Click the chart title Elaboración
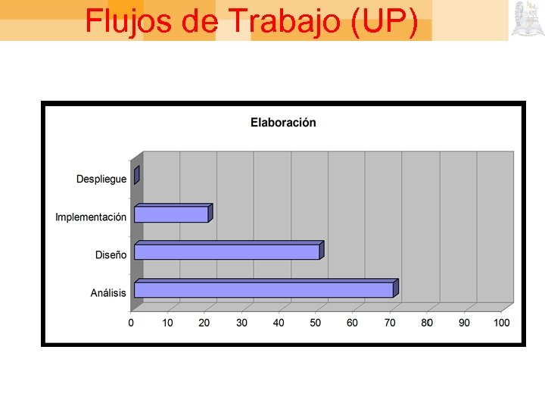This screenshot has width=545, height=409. click(283, 123)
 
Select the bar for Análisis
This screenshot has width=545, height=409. click(263, 289)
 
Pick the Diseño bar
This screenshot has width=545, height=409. click(226, 251)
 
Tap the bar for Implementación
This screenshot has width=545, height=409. click(171, 214)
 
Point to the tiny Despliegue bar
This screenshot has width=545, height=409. click(136, 175)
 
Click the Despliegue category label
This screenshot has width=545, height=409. click(101, 180)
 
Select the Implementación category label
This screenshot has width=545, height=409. click(91, 217)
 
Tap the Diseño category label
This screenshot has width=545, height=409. click(111, 255)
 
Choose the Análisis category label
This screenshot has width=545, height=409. click(108, 293)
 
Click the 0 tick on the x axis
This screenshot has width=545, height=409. click(131, 323)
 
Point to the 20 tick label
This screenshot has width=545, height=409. click(204, 323)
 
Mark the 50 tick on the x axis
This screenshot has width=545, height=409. click(316, 323)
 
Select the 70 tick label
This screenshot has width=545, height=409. click(390, 323)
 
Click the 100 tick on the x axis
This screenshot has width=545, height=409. click(501, 323)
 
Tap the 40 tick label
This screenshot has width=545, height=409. click(279, 323)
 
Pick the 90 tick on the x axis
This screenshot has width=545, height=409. click(464, 323)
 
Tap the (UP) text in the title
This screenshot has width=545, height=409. click(385, 21)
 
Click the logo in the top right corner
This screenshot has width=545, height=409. click(526, 19)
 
